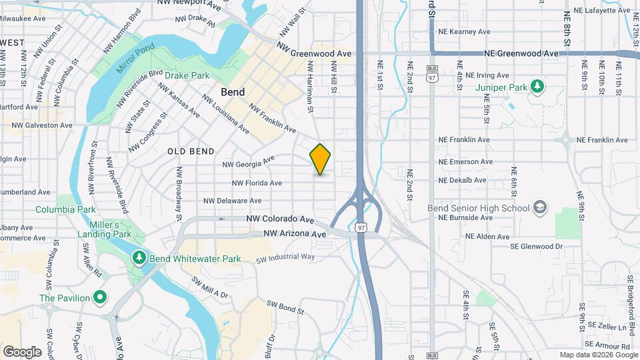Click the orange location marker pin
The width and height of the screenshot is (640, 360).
pos(320,159)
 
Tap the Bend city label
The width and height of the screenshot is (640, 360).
pos(233,92)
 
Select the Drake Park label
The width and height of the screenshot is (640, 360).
pos(187,75)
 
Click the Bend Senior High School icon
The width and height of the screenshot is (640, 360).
pos(539,207)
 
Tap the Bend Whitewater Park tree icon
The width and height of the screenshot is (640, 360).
pos(139,257)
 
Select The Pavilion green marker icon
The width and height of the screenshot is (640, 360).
pos(100,297)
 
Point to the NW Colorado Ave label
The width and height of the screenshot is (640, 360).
pos(280,219)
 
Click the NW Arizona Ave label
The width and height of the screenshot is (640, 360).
pos(295,234)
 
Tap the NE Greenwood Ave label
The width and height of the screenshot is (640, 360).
pos(521,53)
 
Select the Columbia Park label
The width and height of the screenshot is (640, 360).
pos(66,209)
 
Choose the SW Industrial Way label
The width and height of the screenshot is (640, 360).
pos(285,257)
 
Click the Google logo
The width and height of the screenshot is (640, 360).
pos(22,351)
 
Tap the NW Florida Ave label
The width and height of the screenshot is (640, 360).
pos(257,183)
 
